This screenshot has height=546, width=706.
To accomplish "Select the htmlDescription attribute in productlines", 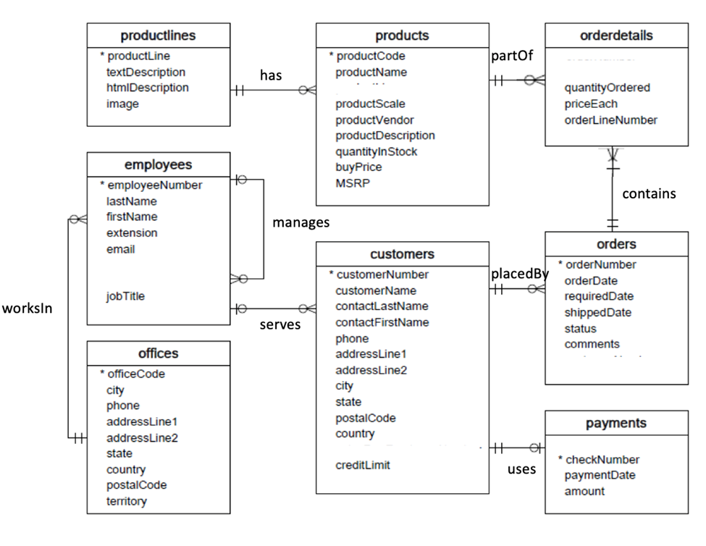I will [147, 88].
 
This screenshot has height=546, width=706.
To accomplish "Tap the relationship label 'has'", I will [271, 75].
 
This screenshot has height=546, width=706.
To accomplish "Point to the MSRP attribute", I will [353, 183].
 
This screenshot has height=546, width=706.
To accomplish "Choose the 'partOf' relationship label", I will [511, 56].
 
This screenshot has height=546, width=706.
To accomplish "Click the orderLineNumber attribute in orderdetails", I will [610, 120].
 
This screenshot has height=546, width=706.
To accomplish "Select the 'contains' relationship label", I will [649, 193].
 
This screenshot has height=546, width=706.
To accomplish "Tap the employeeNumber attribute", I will [154, 185].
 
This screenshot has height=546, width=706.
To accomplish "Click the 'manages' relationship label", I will [301, 222].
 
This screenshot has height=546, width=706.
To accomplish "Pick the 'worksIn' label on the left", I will [28, 308].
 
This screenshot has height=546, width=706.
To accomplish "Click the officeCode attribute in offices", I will [135, 374].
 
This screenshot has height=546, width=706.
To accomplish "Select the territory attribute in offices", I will [126, 501].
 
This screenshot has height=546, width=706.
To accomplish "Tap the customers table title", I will [402, 254].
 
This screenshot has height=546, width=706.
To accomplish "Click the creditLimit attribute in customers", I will [363, 465].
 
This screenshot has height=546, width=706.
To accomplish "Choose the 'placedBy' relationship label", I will [519, 274].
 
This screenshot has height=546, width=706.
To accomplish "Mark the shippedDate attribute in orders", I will [597, 312].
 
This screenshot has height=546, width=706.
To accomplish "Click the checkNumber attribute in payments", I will [602, 459].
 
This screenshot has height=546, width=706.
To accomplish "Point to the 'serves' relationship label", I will [280, 324].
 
